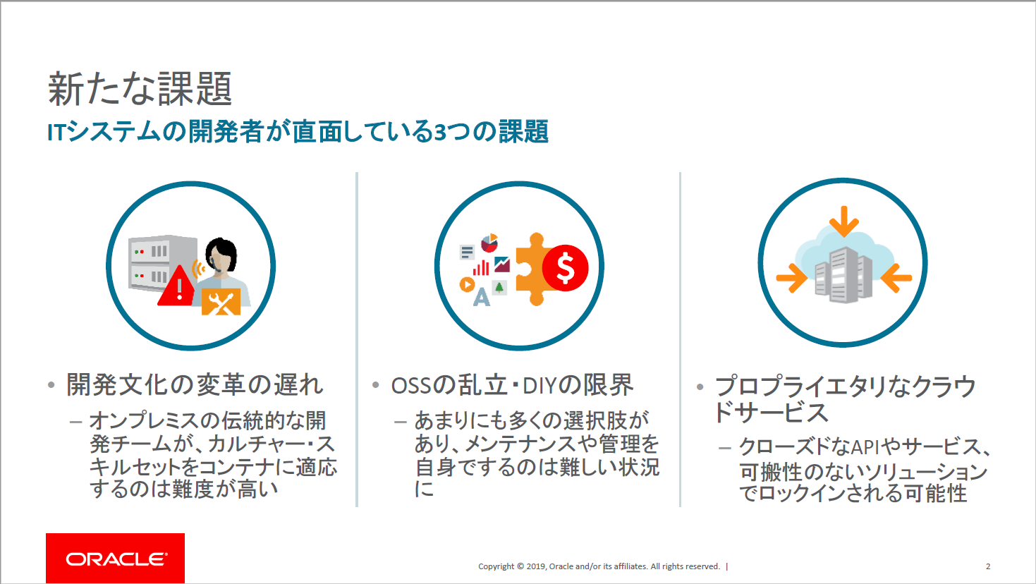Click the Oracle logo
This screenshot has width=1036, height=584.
tap(115, 558)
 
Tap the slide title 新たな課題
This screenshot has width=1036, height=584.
tap(140, 89)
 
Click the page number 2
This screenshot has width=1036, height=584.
tap(988, 566)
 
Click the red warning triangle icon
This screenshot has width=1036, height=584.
tap(177, 286)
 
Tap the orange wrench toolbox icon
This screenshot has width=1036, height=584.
tap(221, 302)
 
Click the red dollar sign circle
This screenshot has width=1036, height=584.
tap(565, 268)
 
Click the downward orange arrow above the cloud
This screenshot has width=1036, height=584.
tap(844, 221)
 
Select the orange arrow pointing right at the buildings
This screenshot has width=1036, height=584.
tap(791, 278)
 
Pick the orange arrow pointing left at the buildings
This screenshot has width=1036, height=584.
tap(896, 278)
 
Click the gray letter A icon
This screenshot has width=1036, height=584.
tap(482, 298)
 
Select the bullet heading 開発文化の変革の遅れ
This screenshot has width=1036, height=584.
tap(194, 384)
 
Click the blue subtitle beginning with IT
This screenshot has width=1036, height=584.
tap(298, 131)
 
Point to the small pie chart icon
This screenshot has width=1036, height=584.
tap(489, 243)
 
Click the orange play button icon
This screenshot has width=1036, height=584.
tap(467, 284)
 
